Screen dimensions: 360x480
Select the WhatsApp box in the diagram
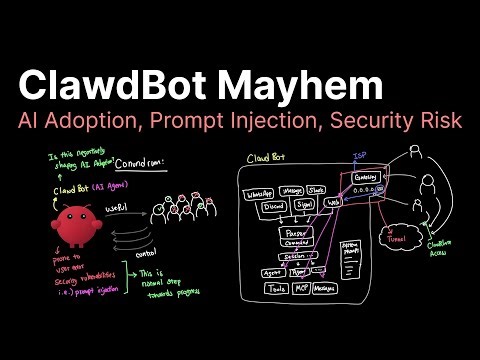click(x=263, y=194)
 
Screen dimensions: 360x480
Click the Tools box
click(x=277, y=289)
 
